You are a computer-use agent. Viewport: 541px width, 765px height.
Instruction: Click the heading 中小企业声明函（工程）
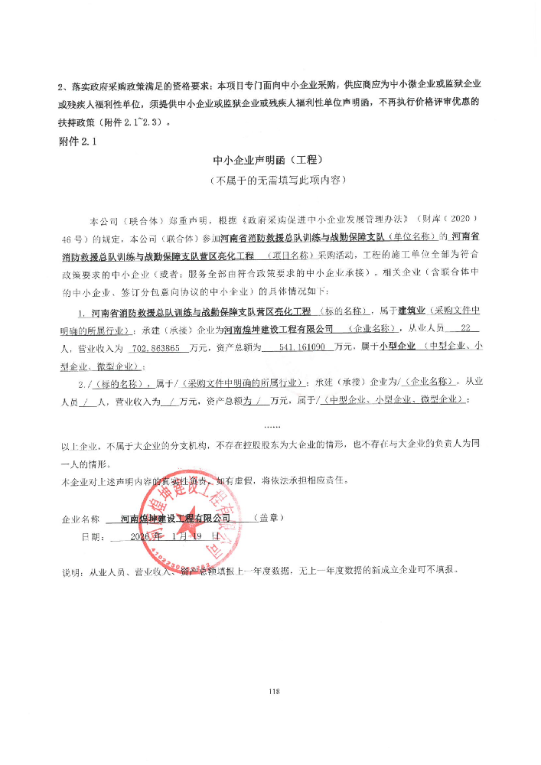269,161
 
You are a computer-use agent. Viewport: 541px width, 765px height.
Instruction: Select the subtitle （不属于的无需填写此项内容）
269,181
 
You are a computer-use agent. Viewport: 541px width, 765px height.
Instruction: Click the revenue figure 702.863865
156,348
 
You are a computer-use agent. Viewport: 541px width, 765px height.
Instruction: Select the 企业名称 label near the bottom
80,519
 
